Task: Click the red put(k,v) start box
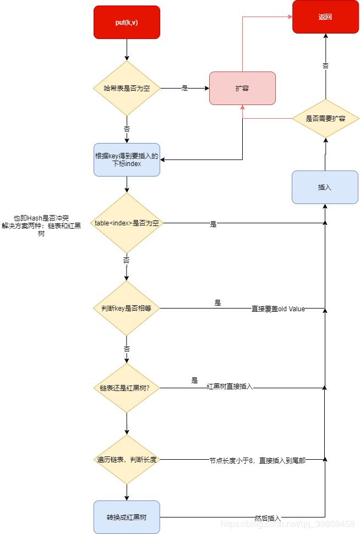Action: (127, 23)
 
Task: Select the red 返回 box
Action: (325, 16)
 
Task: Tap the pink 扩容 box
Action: (242, 88)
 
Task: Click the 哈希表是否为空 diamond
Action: (127, 88)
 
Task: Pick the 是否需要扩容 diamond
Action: (325, 119)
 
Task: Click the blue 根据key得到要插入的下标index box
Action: (127, 160)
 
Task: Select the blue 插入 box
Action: (325, 188)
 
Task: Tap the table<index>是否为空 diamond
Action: (127, 223)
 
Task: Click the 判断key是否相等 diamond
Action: (127, 309)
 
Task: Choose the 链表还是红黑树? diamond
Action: (127, 388)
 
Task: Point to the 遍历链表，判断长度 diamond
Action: (127, 459)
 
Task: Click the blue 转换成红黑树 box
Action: (127, 518)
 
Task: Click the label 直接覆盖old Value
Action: (278, 309)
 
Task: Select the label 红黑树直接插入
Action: (230, 387)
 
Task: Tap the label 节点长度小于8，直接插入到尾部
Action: (257, 460)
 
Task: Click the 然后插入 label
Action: (268, 518)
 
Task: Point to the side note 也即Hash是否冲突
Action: (41, 218)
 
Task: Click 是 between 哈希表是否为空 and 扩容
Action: (185, 88)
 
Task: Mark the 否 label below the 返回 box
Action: (325, 65)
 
